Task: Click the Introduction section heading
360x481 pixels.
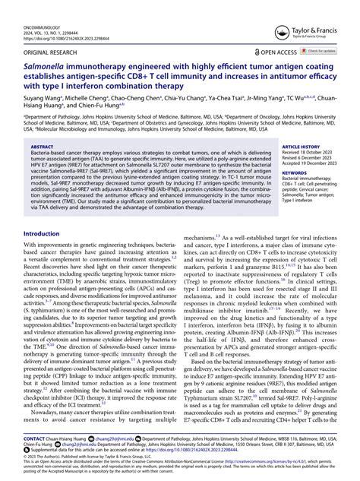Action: [x=46, y=233]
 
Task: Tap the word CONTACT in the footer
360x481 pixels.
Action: [x=36, y=438]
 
